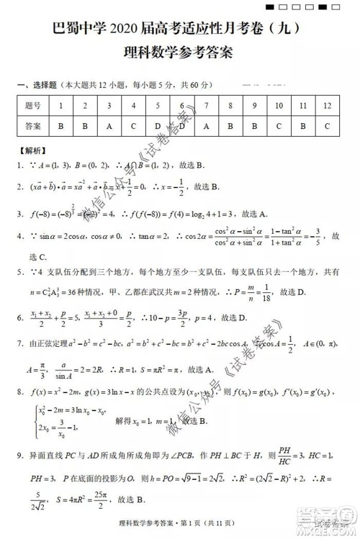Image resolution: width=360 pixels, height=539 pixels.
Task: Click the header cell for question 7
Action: click(207, 106)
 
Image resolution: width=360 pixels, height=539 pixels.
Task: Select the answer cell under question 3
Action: click(109, 126)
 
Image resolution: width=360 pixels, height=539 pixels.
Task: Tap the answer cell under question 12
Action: click(328, 126)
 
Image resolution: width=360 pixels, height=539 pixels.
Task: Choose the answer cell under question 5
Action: click(158, 126)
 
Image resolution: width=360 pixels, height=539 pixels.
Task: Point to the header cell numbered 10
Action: click(279, 106)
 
